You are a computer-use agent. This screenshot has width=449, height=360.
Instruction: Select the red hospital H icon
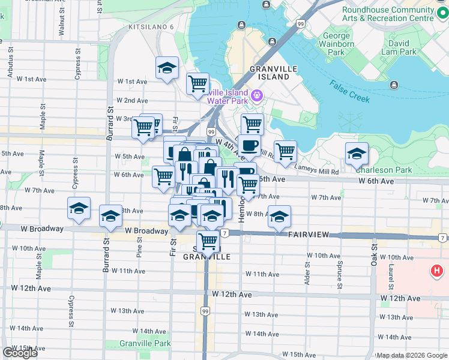[437, 272]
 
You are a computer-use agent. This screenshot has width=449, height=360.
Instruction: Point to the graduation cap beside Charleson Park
[357, 155]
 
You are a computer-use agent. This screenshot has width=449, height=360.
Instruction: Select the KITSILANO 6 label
[151, 27]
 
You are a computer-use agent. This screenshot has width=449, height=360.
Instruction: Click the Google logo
[20, 353]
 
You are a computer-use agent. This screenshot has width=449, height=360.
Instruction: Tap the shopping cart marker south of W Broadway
[208, 241]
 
